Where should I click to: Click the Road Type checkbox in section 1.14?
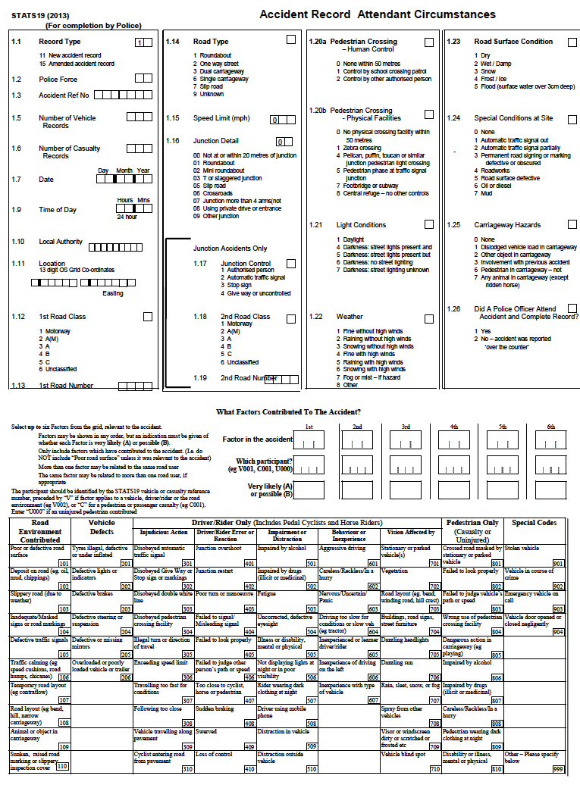tap(291, 39)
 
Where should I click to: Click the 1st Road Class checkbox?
tap(147, 317)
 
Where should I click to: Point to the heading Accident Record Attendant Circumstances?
tap(377, 14)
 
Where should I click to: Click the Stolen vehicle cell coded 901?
tap(535, 551)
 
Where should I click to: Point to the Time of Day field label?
tap(58, 210)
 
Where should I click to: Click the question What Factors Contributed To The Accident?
tap(289, 412)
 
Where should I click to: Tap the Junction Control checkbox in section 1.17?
tap(291, 264)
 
